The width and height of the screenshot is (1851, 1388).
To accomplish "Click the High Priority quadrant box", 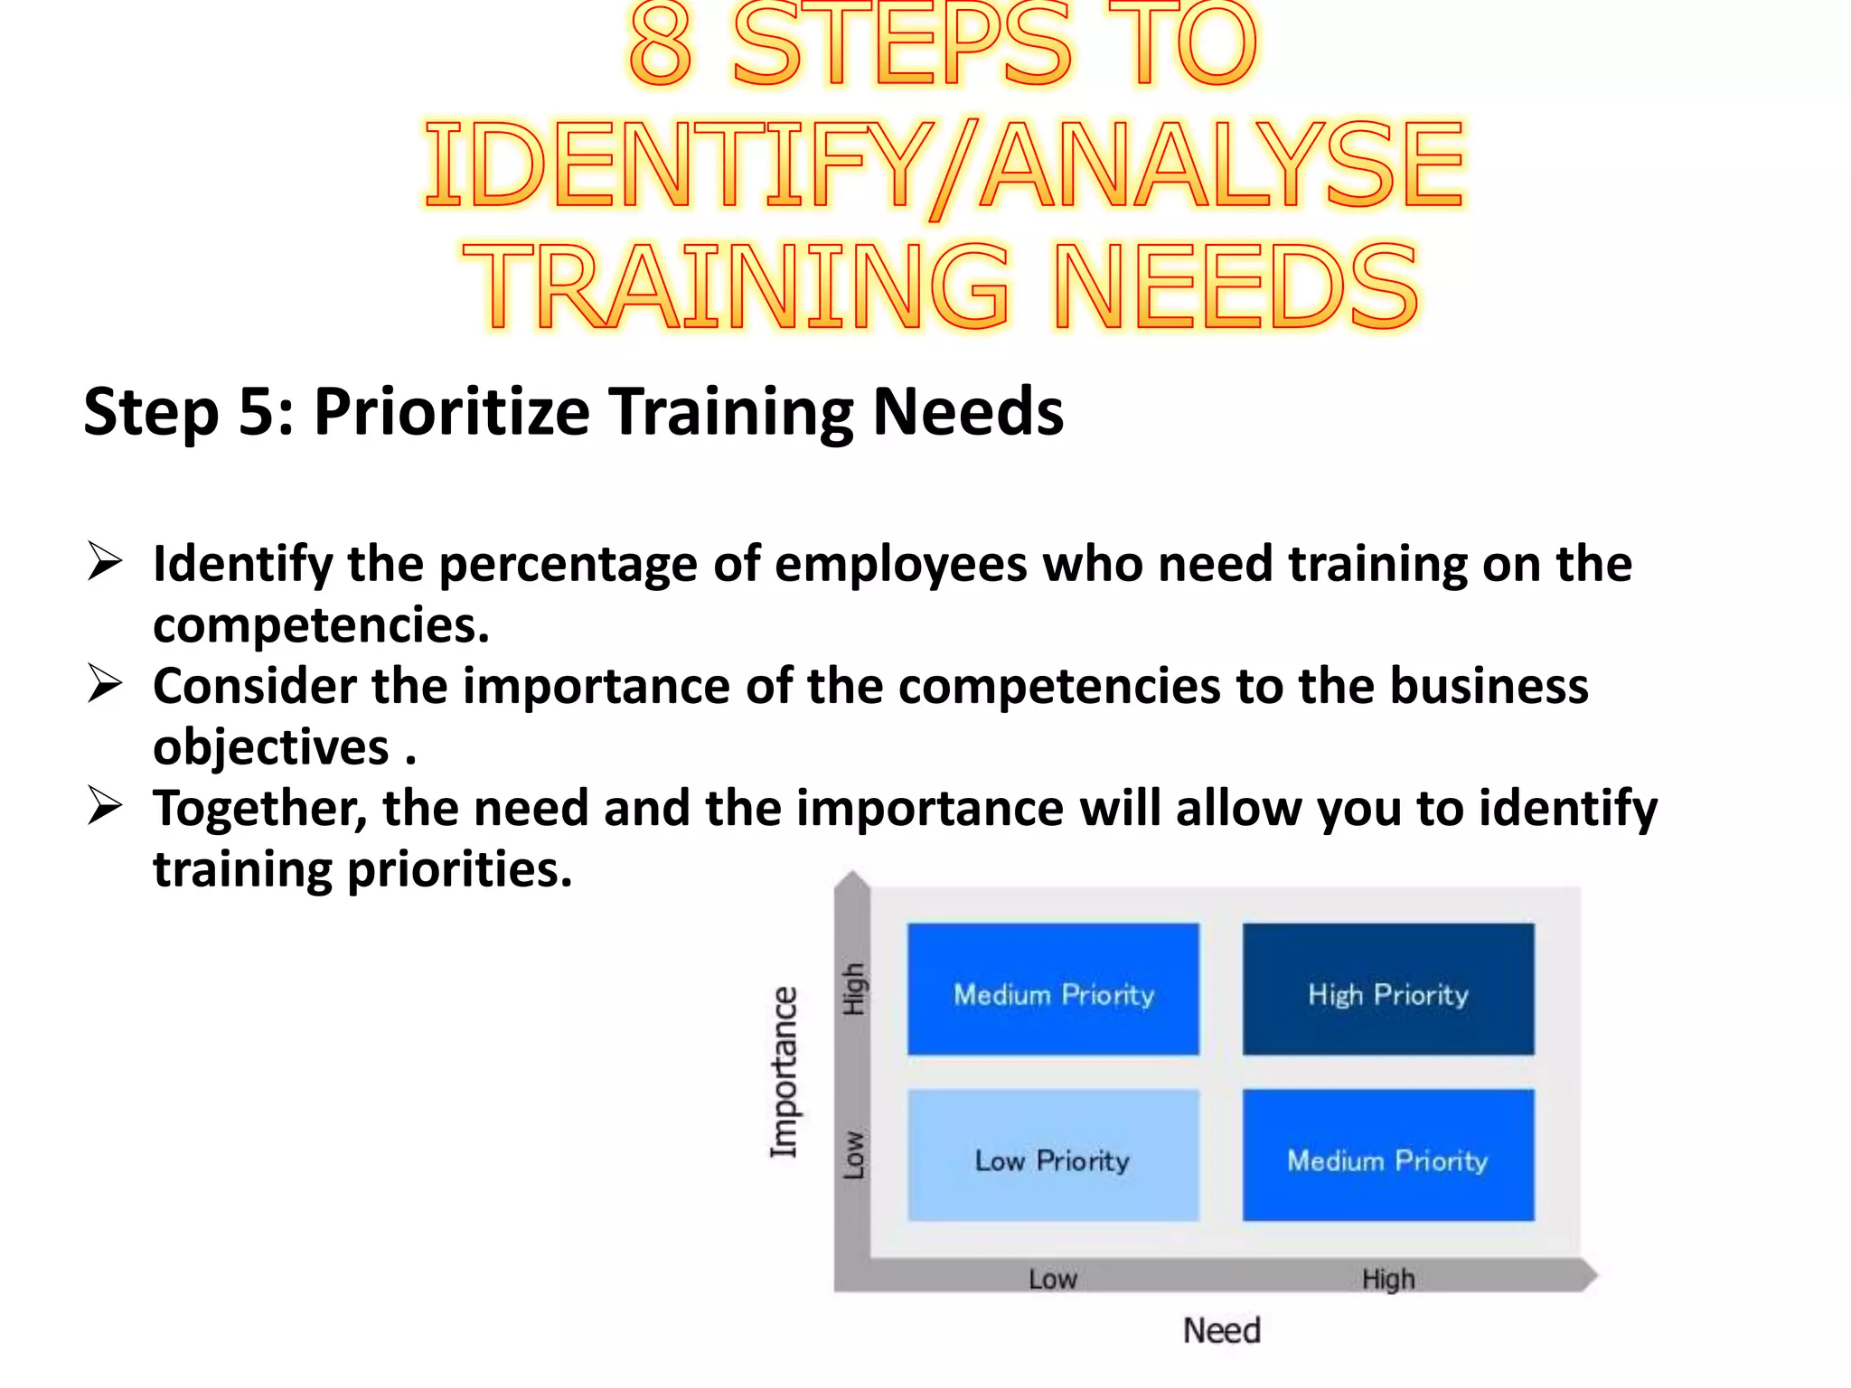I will pos(1388,989).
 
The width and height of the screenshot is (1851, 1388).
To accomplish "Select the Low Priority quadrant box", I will pos(1053,1155).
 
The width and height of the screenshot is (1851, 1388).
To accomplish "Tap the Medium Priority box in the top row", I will pos(1053,989).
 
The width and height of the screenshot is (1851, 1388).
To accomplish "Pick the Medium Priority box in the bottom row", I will pos(1388,1155).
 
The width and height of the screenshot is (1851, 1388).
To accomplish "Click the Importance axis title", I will pos(784,1072).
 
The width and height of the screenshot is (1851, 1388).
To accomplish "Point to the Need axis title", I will pos(1221,1330).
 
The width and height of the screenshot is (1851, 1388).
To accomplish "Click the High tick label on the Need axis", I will pos(1388,1279).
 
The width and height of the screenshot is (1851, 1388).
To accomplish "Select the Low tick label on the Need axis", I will pos(1053,1279).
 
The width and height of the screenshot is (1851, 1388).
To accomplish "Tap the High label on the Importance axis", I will pos(853,989).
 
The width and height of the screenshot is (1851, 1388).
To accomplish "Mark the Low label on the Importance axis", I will pos(853,1155).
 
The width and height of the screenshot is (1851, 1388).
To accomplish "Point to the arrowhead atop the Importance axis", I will pos(851,881).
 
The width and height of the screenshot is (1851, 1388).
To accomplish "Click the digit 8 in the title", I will pos(660,45).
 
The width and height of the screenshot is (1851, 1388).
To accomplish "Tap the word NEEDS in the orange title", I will pos(1236,287).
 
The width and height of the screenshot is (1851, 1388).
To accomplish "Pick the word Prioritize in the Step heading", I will pos(451,412).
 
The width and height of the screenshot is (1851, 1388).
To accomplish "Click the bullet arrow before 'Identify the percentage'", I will pos(105,561).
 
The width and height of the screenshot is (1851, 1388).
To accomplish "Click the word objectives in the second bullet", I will pos(270,747).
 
